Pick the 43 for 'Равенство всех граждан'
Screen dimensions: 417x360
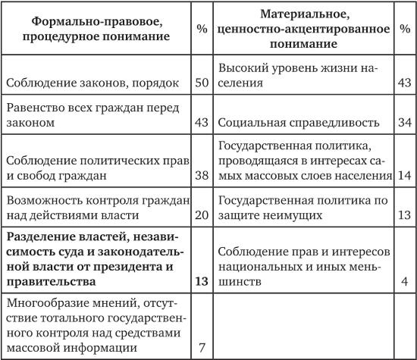(x=201, y=121)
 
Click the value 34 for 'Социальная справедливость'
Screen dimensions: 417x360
(x=403, y=121)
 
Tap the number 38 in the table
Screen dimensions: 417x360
(x=201, y=175)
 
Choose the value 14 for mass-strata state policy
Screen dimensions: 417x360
(x=403, y=175)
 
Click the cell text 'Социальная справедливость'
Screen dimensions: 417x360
(x=293, y=121)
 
